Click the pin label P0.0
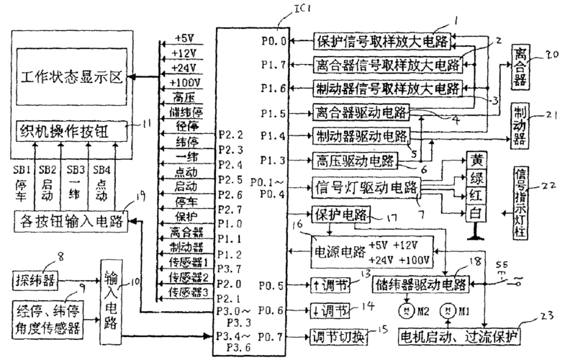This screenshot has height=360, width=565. coord(274,42)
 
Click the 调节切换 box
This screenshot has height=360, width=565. coord(335,336)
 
